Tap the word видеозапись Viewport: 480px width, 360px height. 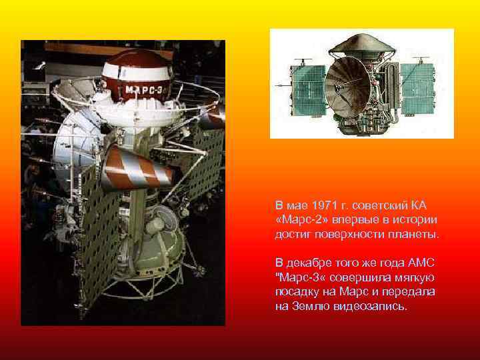(374, 307)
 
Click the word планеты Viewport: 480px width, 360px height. (417, 235)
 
